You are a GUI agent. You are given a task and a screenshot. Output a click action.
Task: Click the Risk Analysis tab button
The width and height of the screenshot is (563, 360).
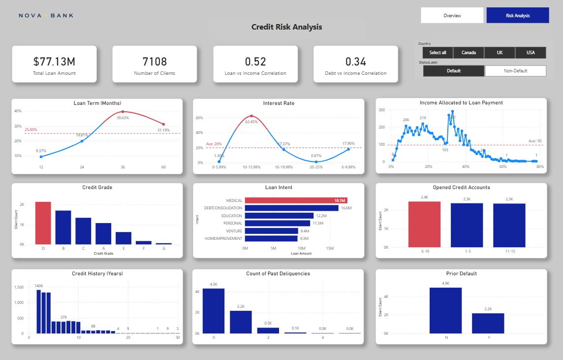point(517,15)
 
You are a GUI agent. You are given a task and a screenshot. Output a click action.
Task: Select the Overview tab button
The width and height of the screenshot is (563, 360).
point(452,15)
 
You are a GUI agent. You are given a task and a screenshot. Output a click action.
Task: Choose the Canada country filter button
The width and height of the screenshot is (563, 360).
point(468,53)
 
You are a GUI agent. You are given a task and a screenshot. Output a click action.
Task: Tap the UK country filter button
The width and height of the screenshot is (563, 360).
point(500,53)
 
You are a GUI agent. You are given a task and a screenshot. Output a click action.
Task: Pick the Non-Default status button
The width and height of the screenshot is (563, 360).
point(515,71)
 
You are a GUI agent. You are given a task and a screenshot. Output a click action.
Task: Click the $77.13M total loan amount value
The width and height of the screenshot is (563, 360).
point(54,62)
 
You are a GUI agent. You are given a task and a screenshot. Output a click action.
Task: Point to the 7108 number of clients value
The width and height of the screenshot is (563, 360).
point(155,62)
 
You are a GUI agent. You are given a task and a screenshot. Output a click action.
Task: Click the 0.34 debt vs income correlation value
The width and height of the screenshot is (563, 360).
point(355,62)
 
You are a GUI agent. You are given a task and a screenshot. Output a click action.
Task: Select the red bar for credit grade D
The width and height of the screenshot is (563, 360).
point(43,223)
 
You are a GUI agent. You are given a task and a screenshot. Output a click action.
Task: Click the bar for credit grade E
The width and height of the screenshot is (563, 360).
point(123,238)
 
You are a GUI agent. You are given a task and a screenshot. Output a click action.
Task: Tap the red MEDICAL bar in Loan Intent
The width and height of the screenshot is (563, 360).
point(296,200)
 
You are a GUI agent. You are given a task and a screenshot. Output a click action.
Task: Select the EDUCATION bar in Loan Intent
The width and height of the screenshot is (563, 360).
point(279,216)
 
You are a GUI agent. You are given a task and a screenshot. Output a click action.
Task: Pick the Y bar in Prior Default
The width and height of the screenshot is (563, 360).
point(488,323)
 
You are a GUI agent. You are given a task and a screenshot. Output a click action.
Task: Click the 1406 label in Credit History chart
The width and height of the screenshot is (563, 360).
point(39,286)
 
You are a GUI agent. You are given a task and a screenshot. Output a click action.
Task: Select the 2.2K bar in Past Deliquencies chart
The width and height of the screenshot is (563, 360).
point(241,322)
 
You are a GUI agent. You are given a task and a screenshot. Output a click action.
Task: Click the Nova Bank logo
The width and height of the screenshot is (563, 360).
point(46,15)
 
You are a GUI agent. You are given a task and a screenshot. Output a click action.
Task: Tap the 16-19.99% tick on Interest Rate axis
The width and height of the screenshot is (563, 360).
point(283,167)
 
